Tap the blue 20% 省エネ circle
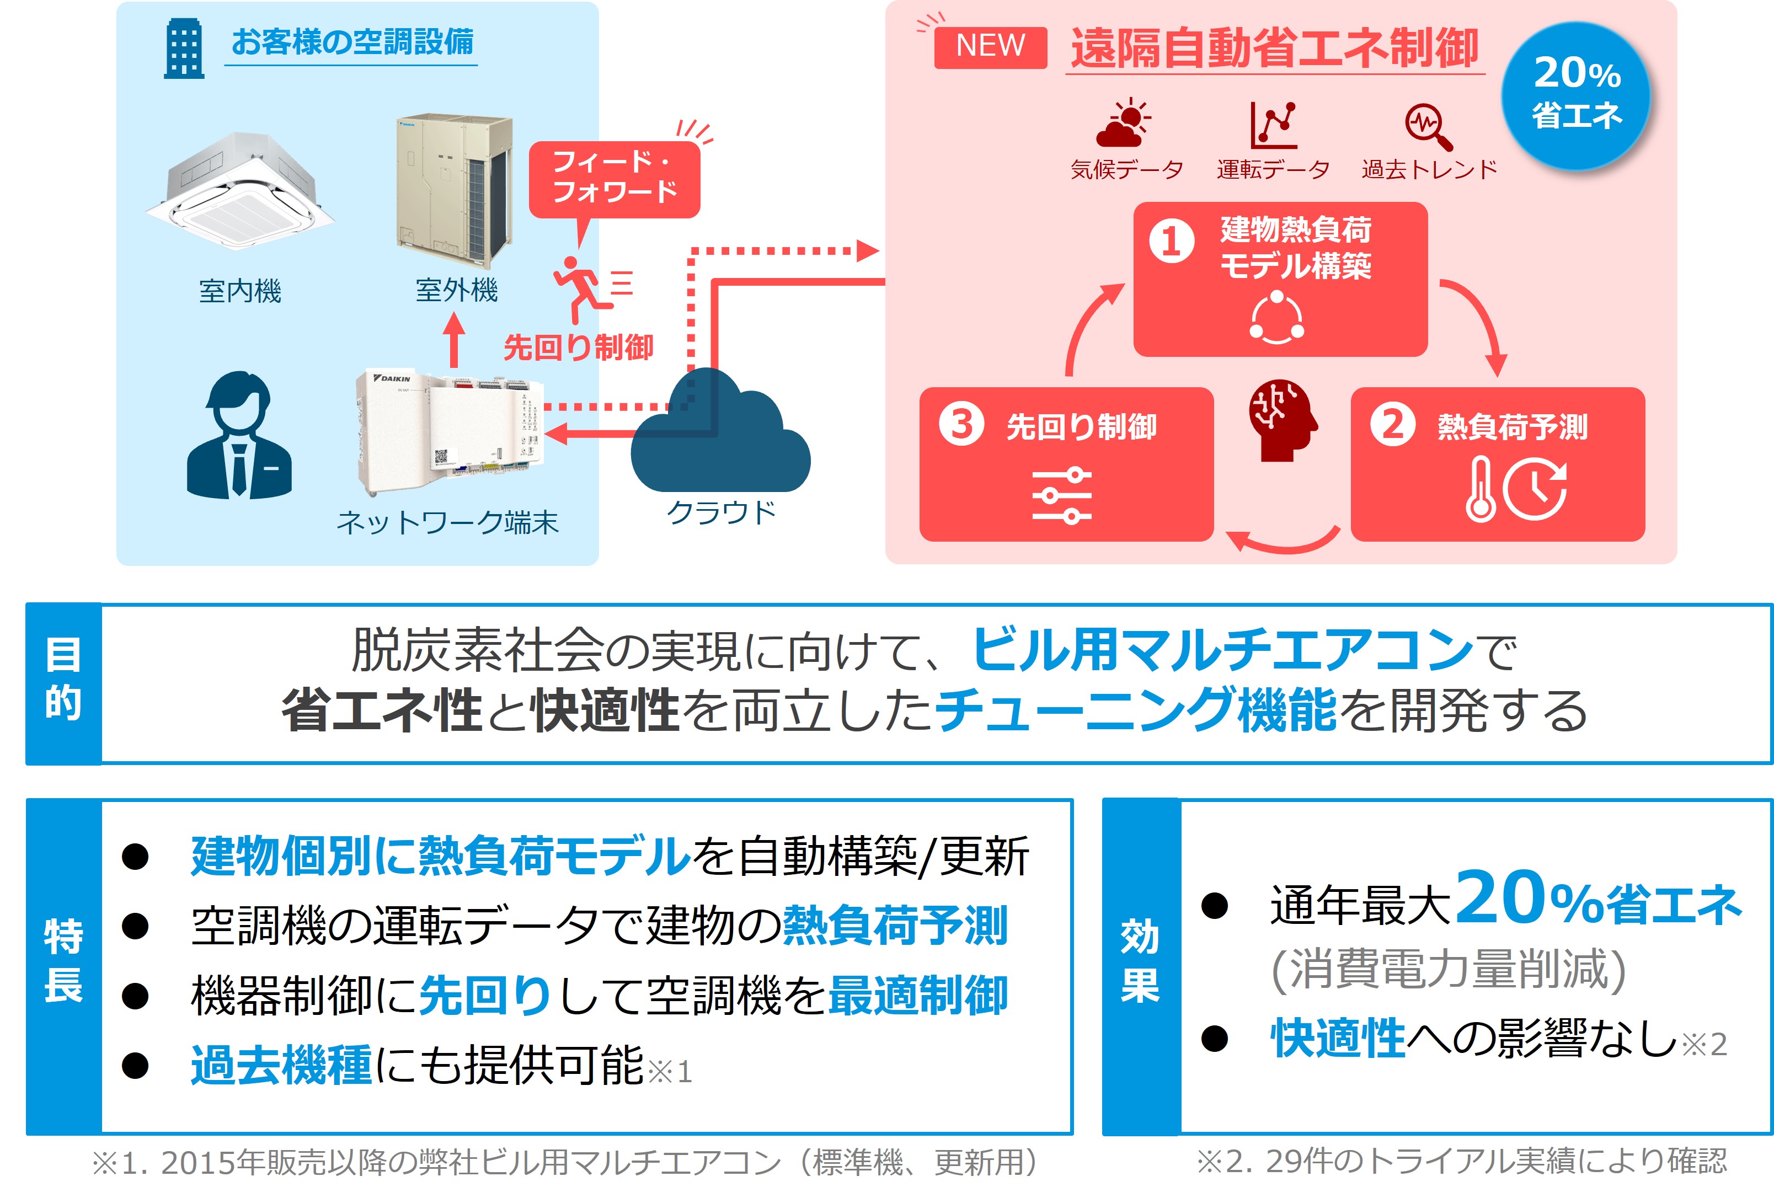pyautogui.click(x=1575, y=96)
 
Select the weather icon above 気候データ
pyautogui.click(x=1123, y=123)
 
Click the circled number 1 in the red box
pyautogui.click(x=1171, y=241)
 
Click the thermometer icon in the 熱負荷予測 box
pyautogui.click(x=1479, y=489)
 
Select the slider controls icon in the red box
pyautogui.click(x=1061, y=496)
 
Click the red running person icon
pyautogui.click(x=583, y=288)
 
